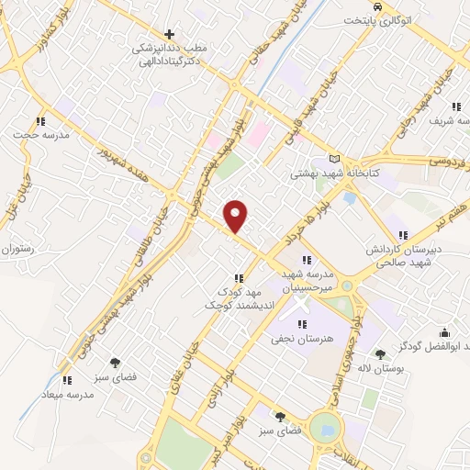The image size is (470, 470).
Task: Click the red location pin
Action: (x=236, y=217)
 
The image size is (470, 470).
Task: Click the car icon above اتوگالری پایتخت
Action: (x=364, y=6)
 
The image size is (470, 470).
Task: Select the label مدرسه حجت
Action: (x=35, y=135)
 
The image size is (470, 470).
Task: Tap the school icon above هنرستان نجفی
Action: (x=303, y=324)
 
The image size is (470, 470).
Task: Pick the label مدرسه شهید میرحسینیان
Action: (x=311, y=281)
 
